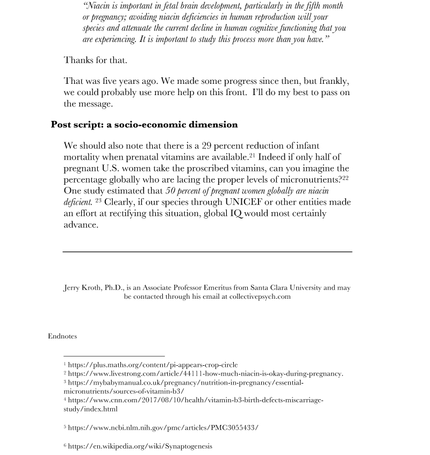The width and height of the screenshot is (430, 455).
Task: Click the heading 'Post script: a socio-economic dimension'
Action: click(x=144, y=125)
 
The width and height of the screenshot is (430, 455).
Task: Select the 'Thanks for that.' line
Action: click(x=96, y=60)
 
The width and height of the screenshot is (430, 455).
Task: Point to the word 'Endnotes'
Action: click(x=62, y=336)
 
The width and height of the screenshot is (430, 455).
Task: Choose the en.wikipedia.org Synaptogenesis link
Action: click(x=140, y=446)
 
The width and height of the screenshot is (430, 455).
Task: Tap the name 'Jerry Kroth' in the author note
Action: click(x=82, y=288)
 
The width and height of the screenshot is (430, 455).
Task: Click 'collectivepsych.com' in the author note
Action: click(x=260, y=297)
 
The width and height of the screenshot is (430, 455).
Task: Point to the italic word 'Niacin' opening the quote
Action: click(x=97, y=6)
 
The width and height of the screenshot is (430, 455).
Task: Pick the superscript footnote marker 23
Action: click(x=98, y=200)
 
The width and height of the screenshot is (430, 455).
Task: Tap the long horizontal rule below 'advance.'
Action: click(x=207, y=251)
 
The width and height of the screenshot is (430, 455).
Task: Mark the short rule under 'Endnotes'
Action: click(x=114, y=356)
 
